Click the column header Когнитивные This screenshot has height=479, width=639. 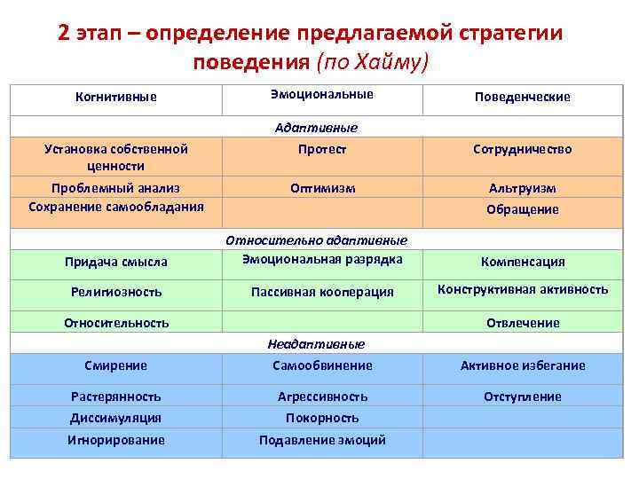point(116,97)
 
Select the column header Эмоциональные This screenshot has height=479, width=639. point(321,94)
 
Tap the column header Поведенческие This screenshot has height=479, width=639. point(523,97)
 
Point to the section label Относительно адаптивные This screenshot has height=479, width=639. point(321,239)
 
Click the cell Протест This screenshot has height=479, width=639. point(321,149)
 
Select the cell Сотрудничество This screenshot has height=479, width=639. point(523,149)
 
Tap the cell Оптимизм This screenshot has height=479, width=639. point(321,188)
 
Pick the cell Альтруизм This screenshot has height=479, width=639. point(523,188)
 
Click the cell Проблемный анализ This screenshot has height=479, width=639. point(116,188)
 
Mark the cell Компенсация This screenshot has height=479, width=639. point(523,262)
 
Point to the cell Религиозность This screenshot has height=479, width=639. point(116,291)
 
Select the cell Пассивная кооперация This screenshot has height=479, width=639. point(321,291)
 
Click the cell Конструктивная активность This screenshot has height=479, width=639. point(523,289)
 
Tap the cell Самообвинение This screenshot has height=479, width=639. point(321,365)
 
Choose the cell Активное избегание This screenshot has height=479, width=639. point(523,365)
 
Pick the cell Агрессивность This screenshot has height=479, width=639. point(321,397)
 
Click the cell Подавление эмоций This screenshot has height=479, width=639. point(321,440)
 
